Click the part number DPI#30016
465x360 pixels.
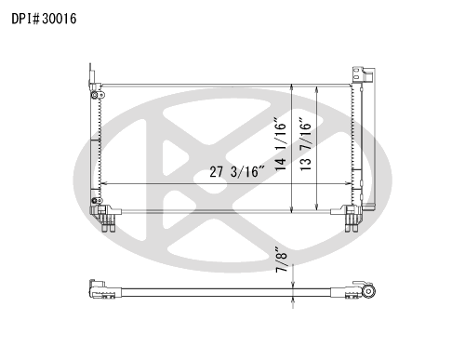[44, 19]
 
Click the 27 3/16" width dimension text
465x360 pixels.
[237, 171]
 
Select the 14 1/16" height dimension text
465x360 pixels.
[281, 144]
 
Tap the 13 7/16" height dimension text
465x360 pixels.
[306, 144]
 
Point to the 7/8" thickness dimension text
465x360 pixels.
[282, 260]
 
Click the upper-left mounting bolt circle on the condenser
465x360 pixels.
[95, 95]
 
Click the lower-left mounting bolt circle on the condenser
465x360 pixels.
[95, 201]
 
